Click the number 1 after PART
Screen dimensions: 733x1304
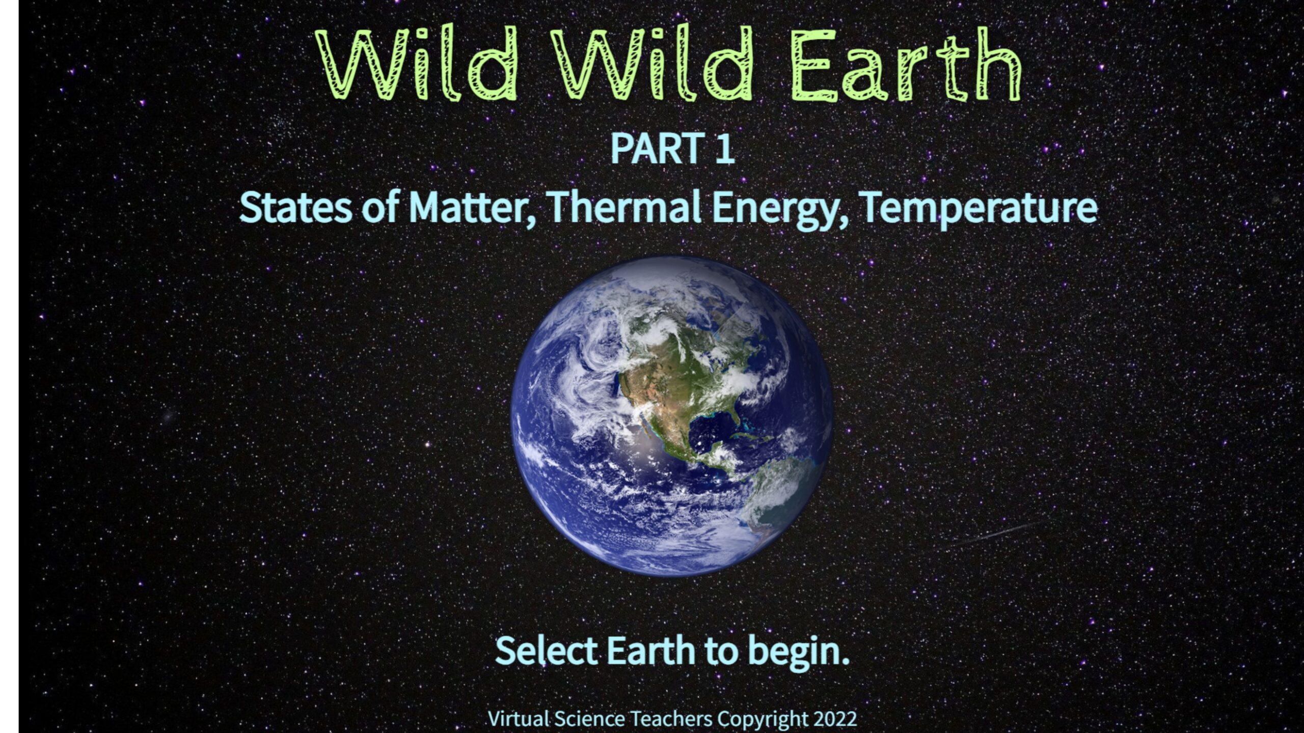(x=724, y=149)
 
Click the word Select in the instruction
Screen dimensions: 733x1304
(x=546, y=651)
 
